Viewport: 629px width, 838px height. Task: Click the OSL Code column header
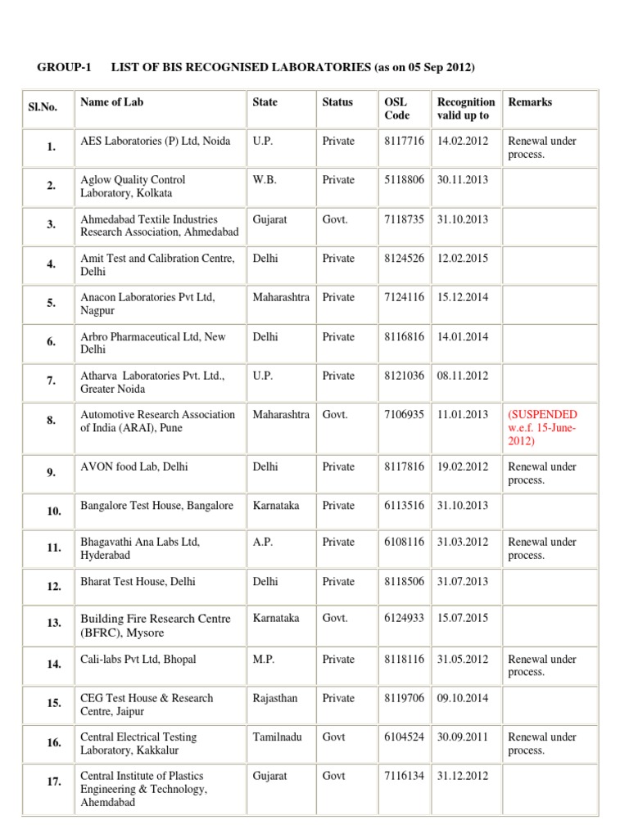396,109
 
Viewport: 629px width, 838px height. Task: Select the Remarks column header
530,102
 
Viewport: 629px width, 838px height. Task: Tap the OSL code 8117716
404,141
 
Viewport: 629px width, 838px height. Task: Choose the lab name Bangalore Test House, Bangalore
156,506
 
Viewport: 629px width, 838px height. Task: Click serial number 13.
54,624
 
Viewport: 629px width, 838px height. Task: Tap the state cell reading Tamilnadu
278,737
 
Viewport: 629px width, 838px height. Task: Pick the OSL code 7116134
404,776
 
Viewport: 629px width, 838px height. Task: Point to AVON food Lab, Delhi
132,466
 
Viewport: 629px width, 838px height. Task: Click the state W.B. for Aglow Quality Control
264,180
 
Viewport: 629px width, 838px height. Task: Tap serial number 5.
52,304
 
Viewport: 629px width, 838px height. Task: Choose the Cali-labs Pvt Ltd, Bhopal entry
138,659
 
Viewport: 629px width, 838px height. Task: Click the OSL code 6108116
404,542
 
